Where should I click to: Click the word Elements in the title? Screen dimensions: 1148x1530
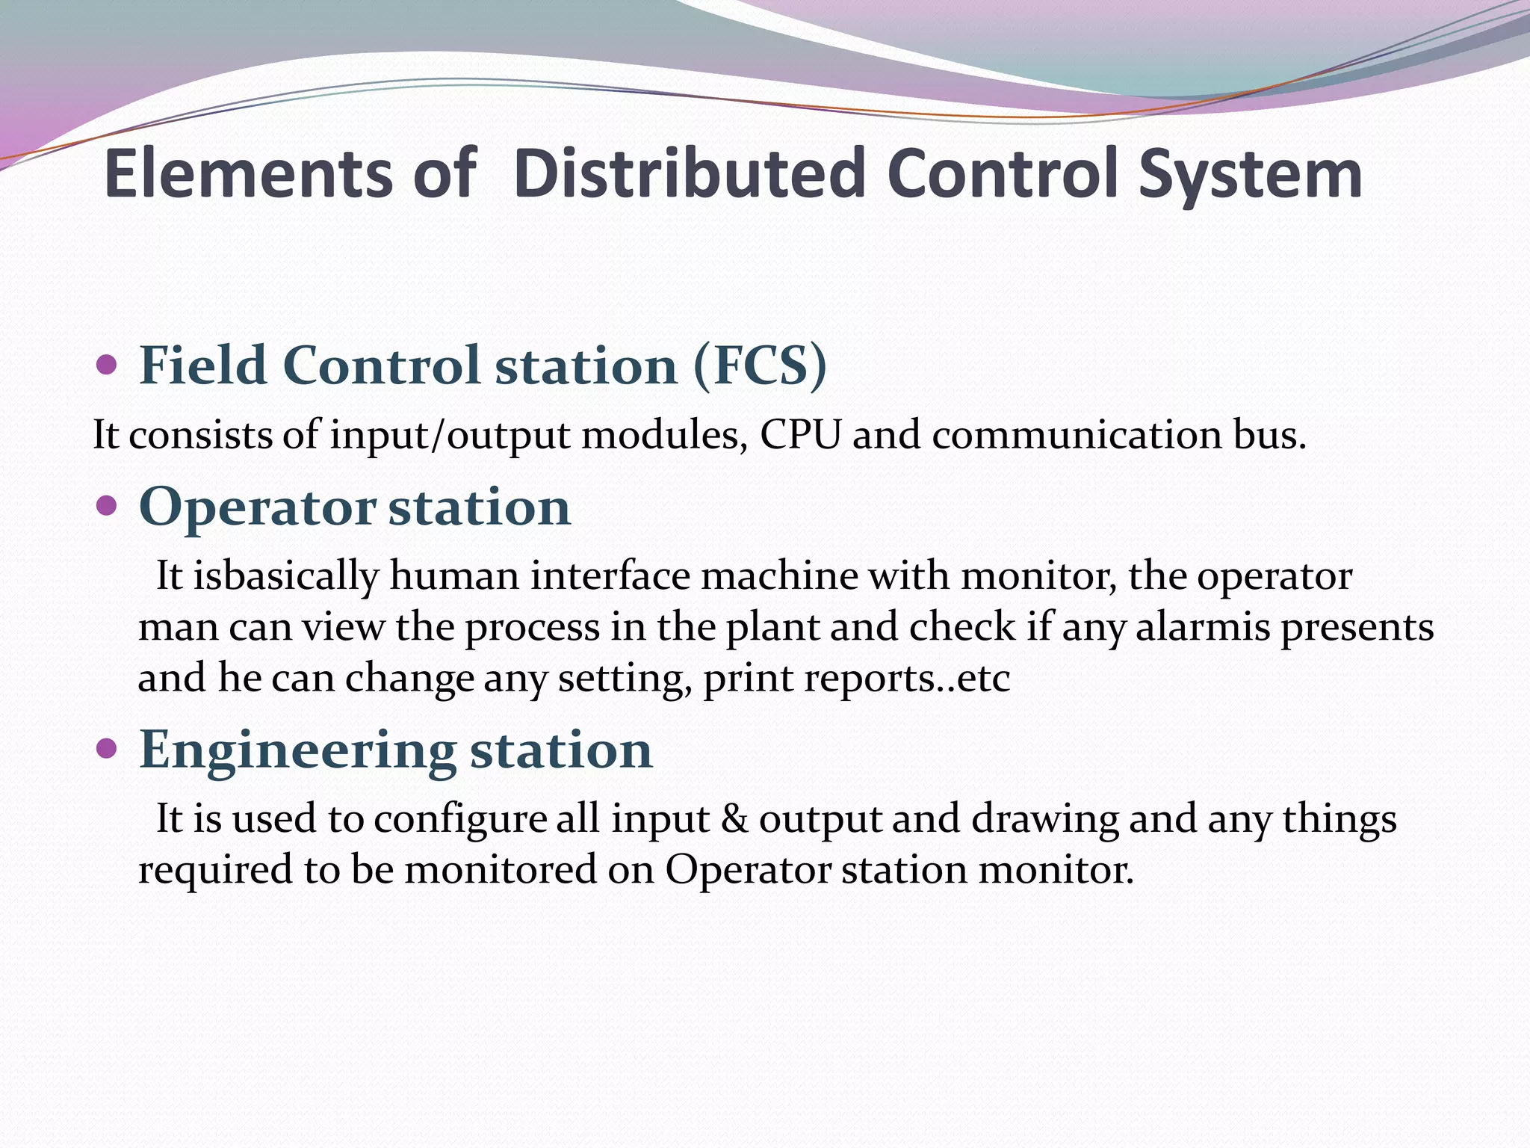click(247, 174)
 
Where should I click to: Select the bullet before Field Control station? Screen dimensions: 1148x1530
click(107, 365)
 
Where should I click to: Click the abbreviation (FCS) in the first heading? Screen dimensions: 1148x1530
click(760, 366)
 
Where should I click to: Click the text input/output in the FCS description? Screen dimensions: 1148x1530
click(450, 436)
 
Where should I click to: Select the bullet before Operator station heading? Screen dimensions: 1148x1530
click(107, 506)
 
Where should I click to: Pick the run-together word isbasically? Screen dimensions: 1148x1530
click(286, 577)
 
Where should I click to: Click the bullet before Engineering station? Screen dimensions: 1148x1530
click(107, 748)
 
